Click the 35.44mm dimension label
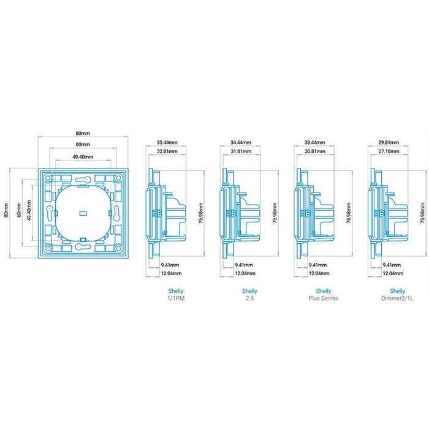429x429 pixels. tap(167, 142)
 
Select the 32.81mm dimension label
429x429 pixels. tap(167, 151)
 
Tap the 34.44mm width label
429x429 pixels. tap(241, 142)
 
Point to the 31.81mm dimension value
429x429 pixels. tap(241, 151)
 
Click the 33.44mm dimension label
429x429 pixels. tap(315, 142)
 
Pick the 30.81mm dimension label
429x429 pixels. tap(315, 151)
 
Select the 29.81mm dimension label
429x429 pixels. tap(389, 142)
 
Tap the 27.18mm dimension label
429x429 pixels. tap(389, 151)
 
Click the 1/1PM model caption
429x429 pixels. tap(175, 298)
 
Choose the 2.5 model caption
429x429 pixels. tap(250, 298)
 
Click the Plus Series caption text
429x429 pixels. tap(324, 298)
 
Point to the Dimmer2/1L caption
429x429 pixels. tap(397, 298)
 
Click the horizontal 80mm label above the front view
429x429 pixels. tap(83, 134)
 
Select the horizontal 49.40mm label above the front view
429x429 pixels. tap(83, 157)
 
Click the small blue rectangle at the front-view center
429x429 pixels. tap(83, 214)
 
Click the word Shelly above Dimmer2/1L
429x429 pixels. tap(397, 290)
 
